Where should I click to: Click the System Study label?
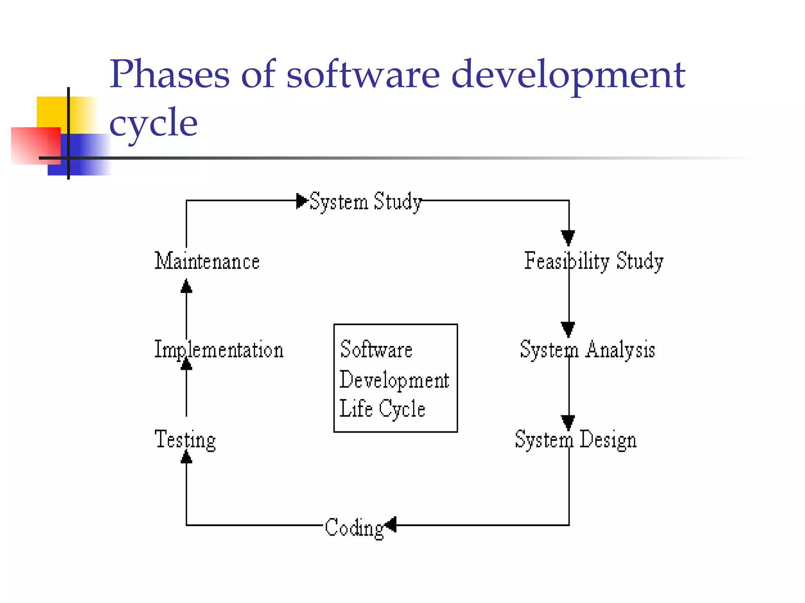coord(366,202)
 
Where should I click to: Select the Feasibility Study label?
coord(594,261)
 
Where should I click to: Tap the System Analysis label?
coord(587,349)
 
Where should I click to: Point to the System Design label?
coord(575,439)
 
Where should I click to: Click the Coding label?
coord(354,528)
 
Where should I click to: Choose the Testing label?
coord(185,439)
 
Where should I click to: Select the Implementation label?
coord(219,349)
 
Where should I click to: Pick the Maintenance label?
coord(207,261)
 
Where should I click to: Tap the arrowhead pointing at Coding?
coord(391,525)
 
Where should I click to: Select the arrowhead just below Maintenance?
coord(186,287)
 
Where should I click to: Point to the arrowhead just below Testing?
coord(186,457)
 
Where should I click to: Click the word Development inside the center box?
coord(394,380)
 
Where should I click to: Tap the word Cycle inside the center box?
coord(402,409)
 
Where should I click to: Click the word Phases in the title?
coord(169,74)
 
